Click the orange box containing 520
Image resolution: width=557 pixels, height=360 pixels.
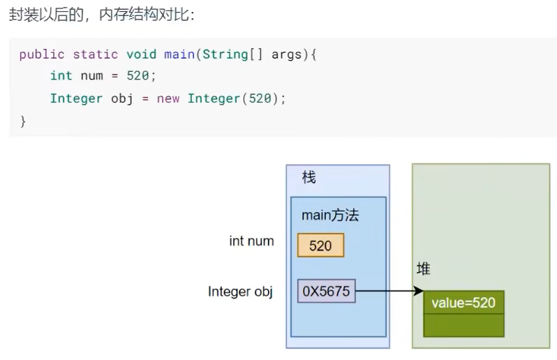(320, 245)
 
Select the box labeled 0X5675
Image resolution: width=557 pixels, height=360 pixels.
(327, 291)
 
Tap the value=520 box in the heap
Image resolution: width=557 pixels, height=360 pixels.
(463, 303)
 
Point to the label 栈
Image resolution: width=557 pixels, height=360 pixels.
(309, 178)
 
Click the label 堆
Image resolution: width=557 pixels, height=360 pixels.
(423, 269)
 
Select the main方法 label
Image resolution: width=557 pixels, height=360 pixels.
(329, 216)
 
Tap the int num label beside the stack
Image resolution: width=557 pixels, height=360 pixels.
(251, 241)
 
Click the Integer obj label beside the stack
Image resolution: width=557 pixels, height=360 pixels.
(240, 291)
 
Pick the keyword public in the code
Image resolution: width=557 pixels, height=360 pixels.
(42, 54)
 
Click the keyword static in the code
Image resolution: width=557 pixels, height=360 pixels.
(96, 54)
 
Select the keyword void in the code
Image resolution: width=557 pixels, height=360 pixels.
(142, 54)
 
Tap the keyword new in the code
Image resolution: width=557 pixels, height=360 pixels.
(168, 98)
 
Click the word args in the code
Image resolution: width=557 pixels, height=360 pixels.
(287, 54)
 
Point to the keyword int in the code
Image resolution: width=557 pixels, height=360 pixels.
(61, 76)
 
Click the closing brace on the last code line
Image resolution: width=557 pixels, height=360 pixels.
(22, 120)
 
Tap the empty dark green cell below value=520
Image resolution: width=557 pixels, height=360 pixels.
(463, 325)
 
